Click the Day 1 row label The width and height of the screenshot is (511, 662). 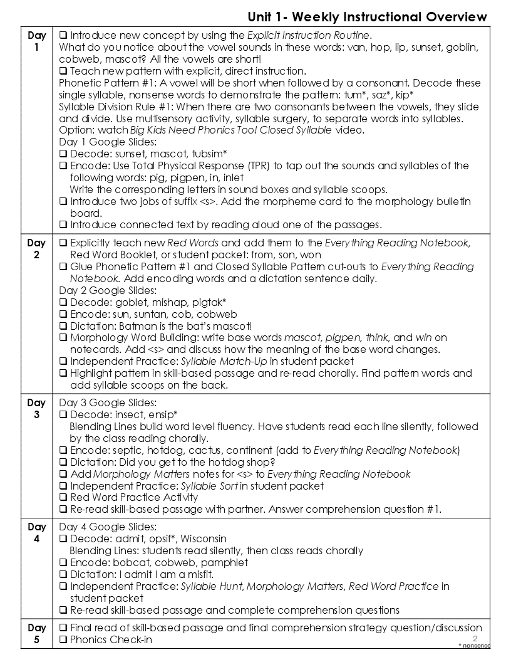point(36,41)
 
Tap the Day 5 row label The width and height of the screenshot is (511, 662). point(36,633)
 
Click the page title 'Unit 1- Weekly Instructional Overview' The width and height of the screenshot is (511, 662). point(367,16)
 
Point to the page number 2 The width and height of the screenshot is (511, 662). point(475,638)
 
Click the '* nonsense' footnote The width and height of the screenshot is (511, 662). point(474,645)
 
